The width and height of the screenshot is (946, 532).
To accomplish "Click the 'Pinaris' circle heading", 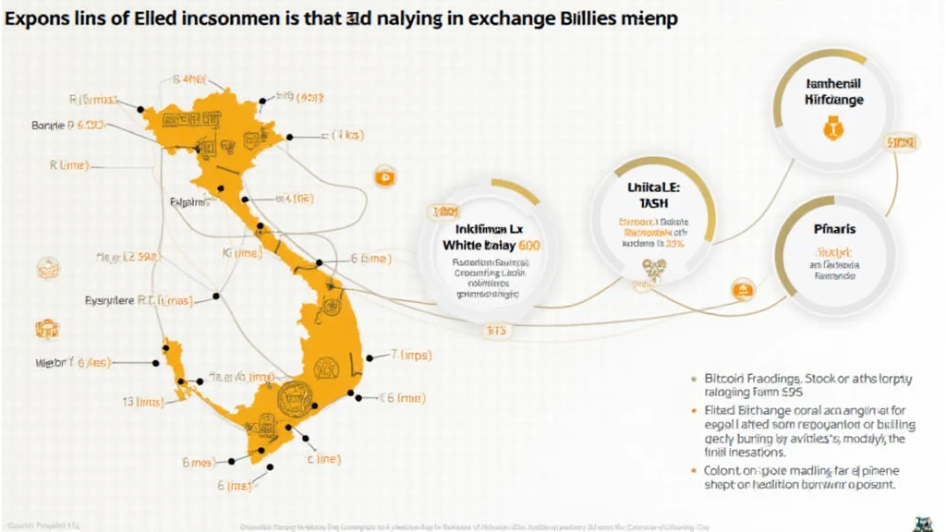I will [x=833, y=228].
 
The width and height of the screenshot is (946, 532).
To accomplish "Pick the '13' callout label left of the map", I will [x=128, y=401].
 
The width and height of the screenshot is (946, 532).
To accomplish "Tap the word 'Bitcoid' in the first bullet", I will [x=728, y=378].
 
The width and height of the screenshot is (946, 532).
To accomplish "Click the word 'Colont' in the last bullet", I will [x=727, y=470].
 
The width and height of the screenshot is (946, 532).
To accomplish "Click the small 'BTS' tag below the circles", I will [x=496, y=329].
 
